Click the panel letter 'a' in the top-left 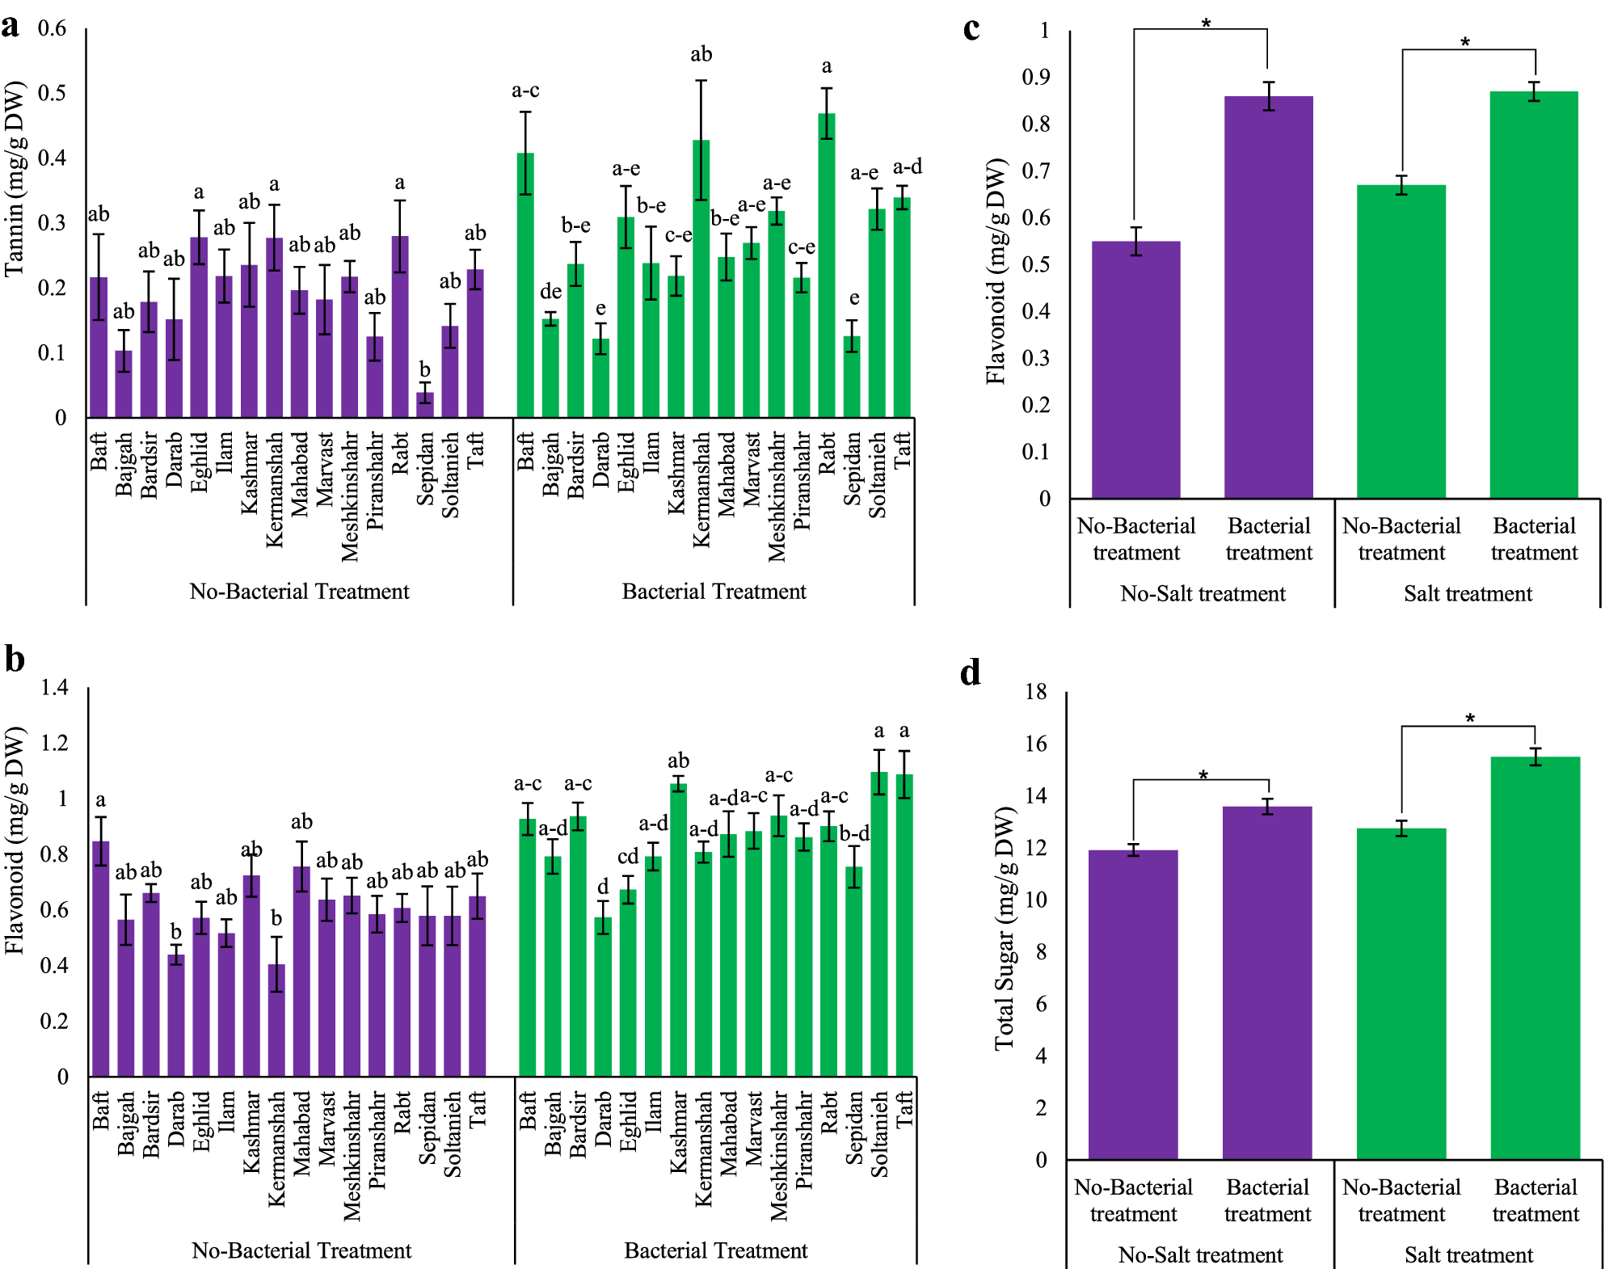point(11,26)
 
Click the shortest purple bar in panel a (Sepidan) point(425,404)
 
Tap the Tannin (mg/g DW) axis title point(15,179)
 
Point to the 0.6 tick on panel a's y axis point(53,28)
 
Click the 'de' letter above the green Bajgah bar point(550,291)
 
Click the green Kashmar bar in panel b point(678,930)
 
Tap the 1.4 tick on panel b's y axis point(55,688)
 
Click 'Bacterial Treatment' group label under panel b point(715,1250)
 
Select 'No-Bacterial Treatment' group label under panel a point(299,592)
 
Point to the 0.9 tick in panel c point(1036,78)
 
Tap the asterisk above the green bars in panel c point(1464,42)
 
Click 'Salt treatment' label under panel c point(1468,594)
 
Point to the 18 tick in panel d point(1035,692)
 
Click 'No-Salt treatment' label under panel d point(1200,1255)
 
